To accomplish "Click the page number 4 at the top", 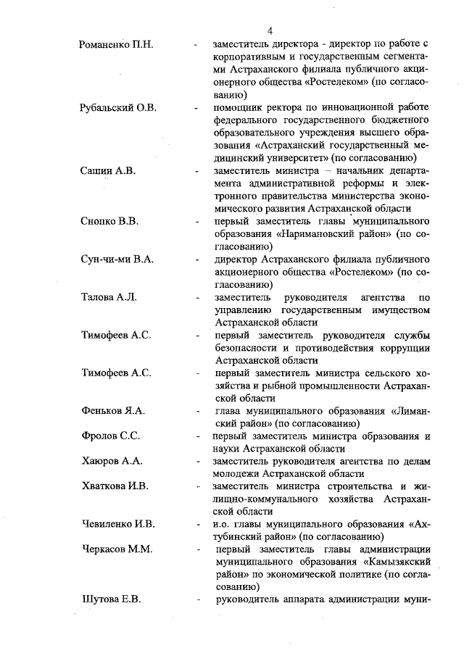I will coord(269,31).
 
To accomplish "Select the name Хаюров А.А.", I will coord(111,461).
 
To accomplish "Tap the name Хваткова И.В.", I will coord(115,486).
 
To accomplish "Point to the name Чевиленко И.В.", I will coord(118,523).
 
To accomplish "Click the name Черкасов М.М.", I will coord(116,549).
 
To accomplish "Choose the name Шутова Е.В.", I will coord(111,599).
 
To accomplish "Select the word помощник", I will coord(241,108).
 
